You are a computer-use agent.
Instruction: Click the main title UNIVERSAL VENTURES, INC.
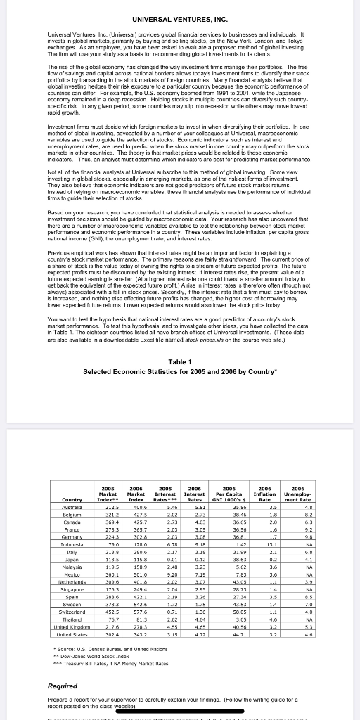point(179,18)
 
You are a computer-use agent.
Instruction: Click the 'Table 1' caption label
point(179,361)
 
